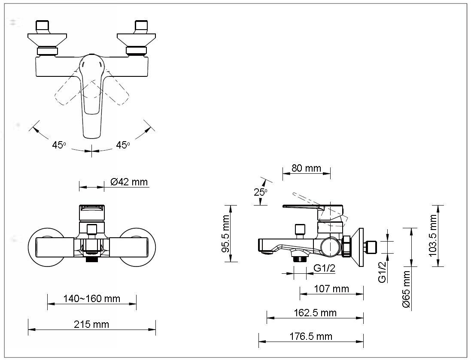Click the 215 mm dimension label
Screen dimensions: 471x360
tap(91, 324)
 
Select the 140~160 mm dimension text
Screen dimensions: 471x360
tap(91, 299)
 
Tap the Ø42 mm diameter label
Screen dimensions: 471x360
tap(129, 182)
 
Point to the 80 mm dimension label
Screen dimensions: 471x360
tap(307, 168)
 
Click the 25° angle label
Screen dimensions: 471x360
tap(261, 192)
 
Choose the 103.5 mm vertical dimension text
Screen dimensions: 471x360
tap(432, 236)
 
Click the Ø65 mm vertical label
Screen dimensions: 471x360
tap(406, 289)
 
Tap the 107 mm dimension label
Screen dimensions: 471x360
tap(331, 289)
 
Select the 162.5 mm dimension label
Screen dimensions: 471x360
tap(315, 313)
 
